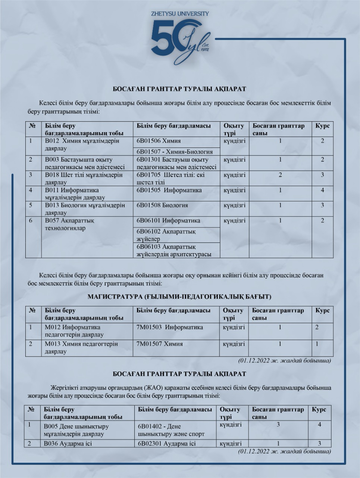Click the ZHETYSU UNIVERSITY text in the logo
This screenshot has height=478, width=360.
180,13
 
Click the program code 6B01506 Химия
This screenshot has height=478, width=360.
159,141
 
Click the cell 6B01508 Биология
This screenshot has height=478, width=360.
162,205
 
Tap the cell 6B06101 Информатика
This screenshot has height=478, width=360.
168,220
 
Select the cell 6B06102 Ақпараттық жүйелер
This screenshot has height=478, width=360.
166,235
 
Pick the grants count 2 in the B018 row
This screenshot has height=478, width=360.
280,175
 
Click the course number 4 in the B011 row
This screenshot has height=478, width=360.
322,190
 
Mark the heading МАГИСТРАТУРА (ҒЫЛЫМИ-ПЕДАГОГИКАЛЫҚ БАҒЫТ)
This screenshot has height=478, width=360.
179,297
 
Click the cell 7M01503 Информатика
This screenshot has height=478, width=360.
170,327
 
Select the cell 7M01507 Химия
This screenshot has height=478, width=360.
160,344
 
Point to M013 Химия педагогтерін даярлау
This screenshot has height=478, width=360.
81,347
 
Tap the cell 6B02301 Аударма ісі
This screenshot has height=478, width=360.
166,444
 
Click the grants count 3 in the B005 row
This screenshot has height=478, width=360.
278,425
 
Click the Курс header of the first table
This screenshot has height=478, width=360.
322,126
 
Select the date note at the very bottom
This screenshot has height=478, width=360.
284,451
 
